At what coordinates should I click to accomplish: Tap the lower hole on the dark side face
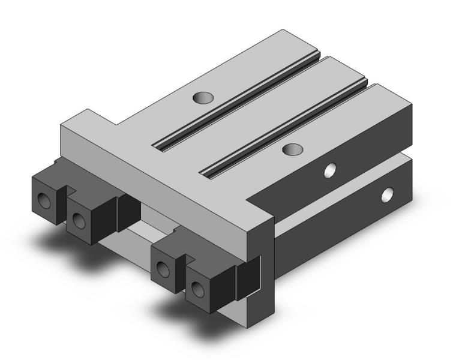[x=388, y=194]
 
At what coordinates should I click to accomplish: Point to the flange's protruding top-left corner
[x=88, y=110]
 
